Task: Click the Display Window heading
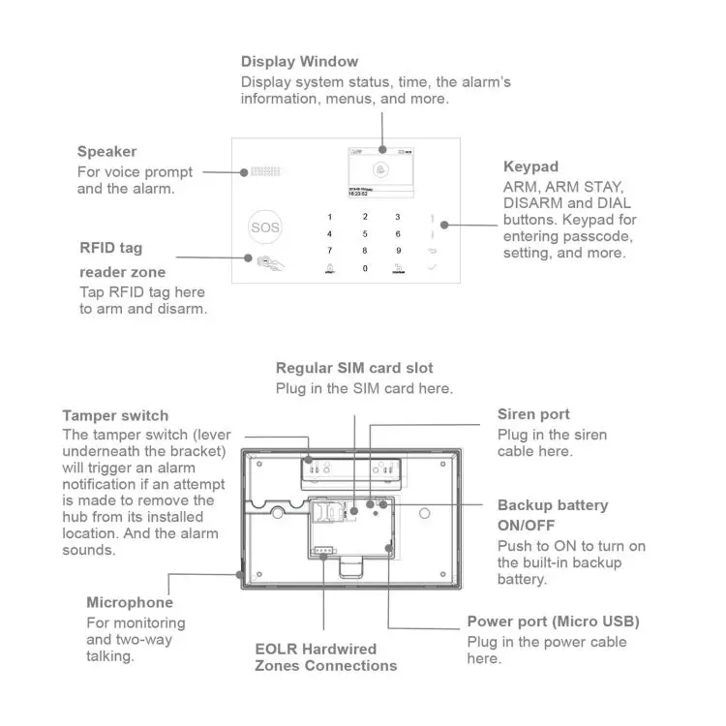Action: pos(299,62)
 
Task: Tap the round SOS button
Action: pos(264,227)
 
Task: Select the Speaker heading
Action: pos(106,152)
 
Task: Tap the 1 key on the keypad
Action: pos(330,218)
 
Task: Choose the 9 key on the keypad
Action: pos(398,251)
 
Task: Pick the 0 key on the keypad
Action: pos(365,267)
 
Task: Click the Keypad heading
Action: pos(530,166)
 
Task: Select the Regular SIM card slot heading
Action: pos(354,368)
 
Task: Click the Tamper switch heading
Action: pos(115,416)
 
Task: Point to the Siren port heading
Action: pos(533,414)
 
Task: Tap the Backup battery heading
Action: pos(553,505)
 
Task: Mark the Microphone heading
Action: pos(130,603)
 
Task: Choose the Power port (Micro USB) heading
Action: pos(553,621)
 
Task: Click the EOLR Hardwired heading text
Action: pos(316,649)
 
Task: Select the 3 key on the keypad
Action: pos(398,218)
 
